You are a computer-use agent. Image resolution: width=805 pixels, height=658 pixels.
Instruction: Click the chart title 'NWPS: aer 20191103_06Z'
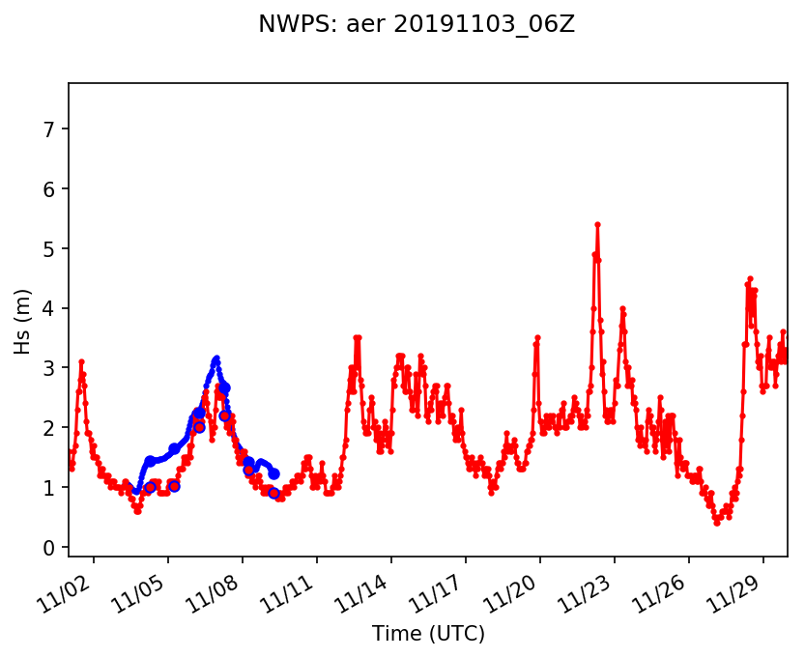pyautogui.click(x=416, y=25)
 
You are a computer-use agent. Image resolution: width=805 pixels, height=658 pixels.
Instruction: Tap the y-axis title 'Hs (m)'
pyautogui.click(x=22, y=320)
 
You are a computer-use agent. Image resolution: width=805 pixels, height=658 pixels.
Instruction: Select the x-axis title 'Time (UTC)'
pyautogui.click(x=428, y=634)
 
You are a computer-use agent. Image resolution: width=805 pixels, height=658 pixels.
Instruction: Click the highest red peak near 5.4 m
pyautogui.click(x=597, y=224)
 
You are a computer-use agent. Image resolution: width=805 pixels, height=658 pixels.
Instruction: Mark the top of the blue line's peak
pyautogui.click(x=216, y=358)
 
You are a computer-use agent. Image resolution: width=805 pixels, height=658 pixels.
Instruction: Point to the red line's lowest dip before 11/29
pyautogui.click(x=717, y=523)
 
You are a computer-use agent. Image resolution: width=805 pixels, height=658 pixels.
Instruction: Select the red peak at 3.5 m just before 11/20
pyautogui.click(x=537, y=338)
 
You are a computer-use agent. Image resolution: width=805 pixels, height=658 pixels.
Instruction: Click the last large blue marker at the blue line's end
pyautogui.click(x=274, y=473)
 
